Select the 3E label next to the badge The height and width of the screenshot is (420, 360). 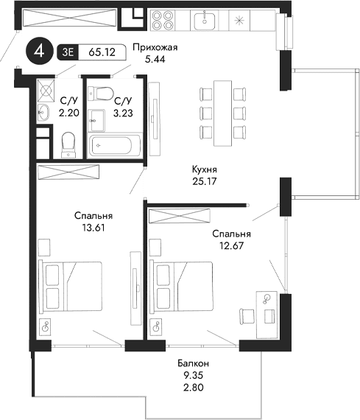point(68,53)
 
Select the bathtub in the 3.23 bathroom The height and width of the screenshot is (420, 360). point(115,145)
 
